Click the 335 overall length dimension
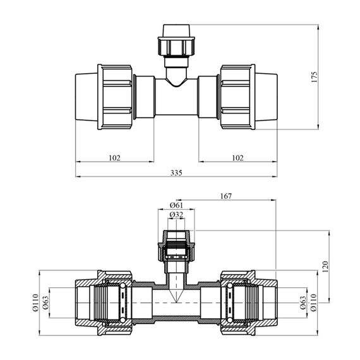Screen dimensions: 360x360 [176, 172]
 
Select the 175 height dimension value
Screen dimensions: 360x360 [314, 77]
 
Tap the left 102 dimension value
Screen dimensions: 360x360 [114, 158]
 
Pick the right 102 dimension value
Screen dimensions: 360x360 [237, 158]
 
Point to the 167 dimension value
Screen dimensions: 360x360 [226, 196]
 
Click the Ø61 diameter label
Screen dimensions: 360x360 [176, 205]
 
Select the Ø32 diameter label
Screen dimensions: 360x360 [176, 215]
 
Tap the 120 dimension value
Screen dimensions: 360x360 [325, 267]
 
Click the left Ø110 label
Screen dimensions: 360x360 [35, 303]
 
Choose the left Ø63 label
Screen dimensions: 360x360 [45, 303]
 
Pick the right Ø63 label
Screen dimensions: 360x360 [303, 303]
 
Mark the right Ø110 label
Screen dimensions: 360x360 [313, 303]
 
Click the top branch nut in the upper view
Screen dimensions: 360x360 [176, 46]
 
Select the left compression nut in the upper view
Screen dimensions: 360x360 [115, 97]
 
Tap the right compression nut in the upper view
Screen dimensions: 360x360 [237, 97]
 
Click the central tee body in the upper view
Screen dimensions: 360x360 [176, 99]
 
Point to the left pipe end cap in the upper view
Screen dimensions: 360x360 [87, 97]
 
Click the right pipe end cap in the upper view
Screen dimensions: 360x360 [266, 97]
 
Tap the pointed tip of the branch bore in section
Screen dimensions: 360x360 [176, 302]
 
